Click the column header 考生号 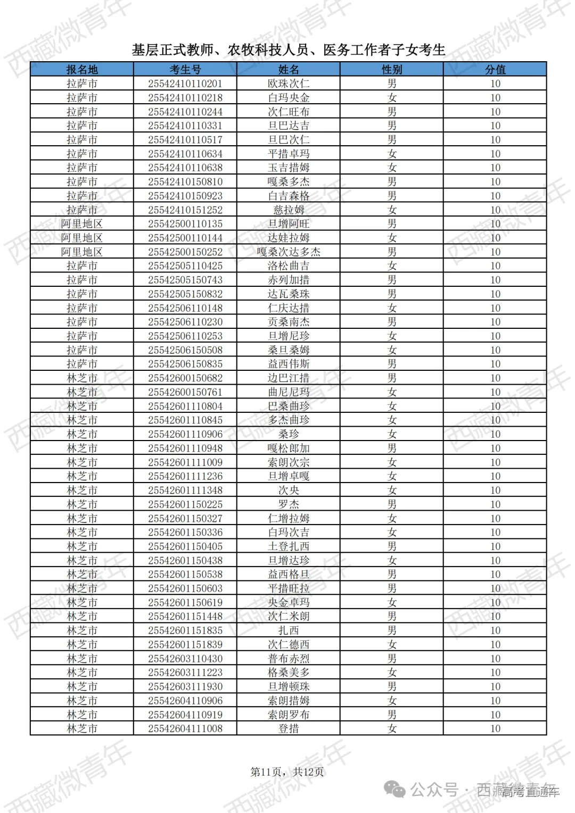pos(185,70)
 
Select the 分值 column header pos(495,70)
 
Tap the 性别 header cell pos(392,70)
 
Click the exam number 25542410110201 pos(185,84)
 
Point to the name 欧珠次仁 pos(289,84)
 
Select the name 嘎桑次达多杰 pos(289,252)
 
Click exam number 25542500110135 pos(185,224)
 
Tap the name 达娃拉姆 pos(289,238)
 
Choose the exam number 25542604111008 pos(185,728)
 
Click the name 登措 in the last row pos(289,728)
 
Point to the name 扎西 pos(289,631)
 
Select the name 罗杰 pos(289,504)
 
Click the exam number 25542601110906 pos(185,434)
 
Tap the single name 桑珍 pos(289,434)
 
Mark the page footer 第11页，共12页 pos(287,771)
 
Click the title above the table pos(288,50)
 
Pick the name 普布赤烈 pos(289,659)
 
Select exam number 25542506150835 pos(185,364)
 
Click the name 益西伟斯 pos(289,364)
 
